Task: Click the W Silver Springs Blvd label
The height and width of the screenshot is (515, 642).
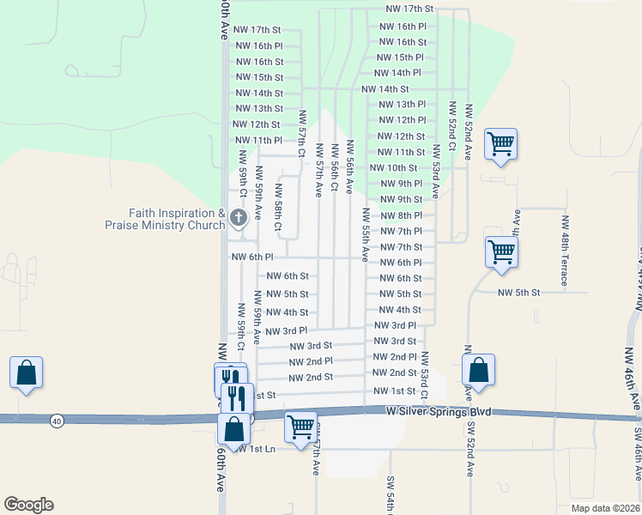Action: [x=439, y=413]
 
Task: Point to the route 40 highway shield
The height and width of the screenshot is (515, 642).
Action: [x=57, y=421]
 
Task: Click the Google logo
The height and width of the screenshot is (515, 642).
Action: [x=28, y=505]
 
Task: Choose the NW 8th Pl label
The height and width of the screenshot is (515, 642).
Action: [x=401, y=215]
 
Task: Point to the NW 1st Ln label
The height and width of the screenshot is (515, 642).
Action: [x=257, y=449]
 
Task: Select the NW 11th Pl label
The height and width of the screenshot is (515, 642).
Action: [x=257, y=140]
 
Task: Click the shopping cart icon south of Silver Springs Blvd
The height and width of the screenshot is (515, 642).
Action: [x=300, y=426]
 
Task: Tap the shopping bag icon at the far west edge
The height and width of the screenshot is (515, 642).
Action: [x=26, y=373]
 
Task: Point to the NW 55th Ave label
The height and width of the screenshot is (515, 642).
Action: [x=366, y=233]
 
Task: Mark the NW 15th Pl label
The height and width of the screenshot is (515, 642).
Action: [x=399, y=58]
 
